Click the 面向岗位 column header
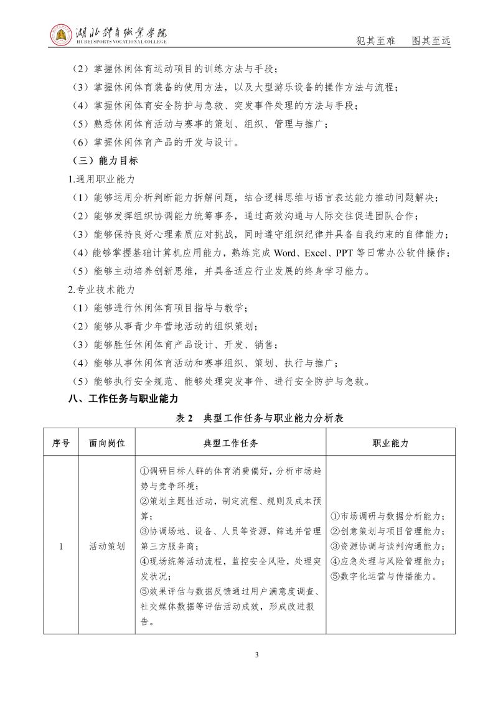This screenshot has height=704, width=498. (x=107, y=443)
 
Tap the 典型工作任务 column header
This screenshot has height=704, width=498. (x=231, y=443)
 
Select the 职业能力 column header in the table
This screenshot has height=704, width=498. (x=390, y=443)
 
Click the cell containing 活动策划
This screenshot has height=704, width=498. (x=107, y=546)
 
